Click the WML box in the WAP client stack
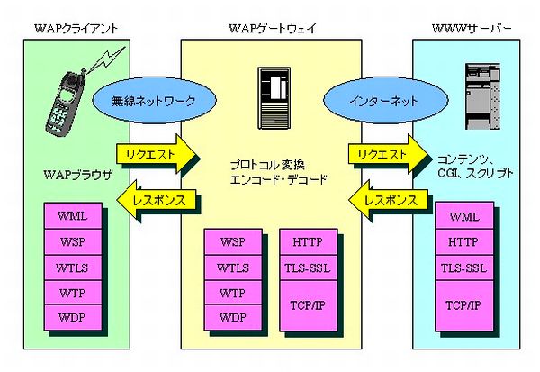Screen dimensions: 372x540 pos(73,217)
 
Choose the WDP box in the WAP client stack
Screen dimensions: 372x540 pos(73,318)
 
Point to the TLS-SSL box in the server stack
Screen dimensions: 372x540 pos(463,268)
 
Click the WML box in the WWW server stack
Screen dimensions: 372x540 pos(463,217)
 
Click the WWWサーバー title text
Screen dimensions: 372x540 pos(472,30)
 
